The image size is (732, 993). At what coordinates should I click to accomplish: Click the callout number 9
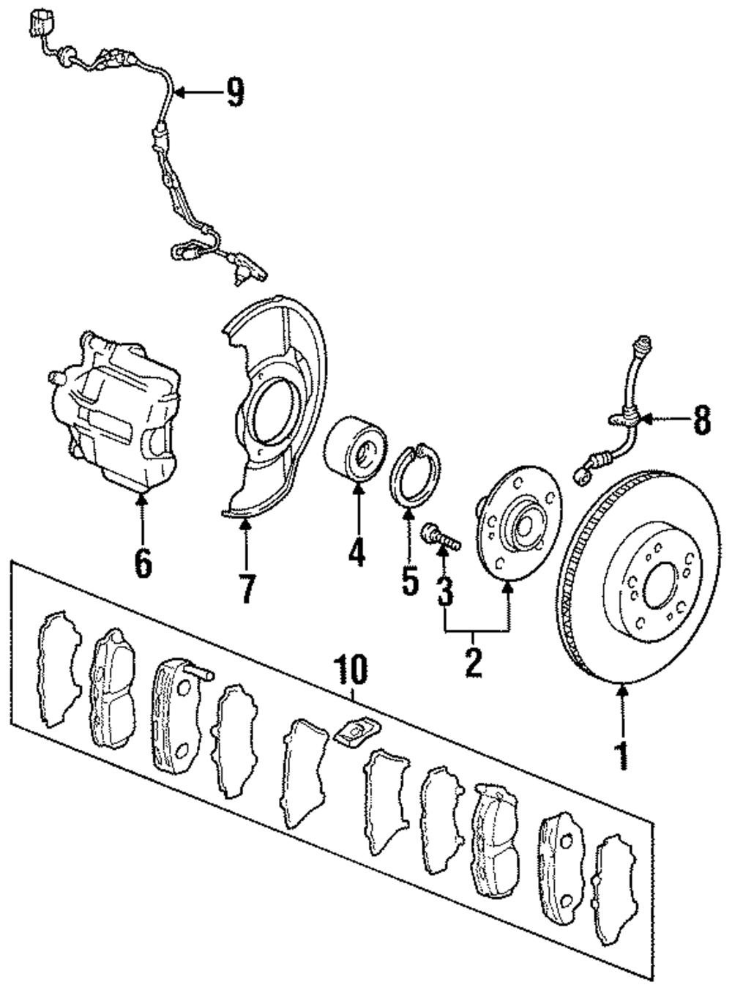click(235, 92)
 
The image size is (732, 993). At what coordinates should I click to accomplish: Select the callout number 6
click(143, 562)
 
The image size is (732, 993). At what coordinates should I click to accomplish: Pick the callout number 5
click(410, 579)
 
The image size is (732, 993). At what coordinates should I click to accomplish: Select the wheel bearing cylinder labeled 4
click(355, 447)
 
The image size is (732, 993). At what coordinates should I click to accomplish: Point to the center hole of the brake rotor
click(660, 586)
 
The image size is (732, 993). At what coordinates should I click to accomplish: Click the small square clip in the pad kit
click(357, 732)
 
